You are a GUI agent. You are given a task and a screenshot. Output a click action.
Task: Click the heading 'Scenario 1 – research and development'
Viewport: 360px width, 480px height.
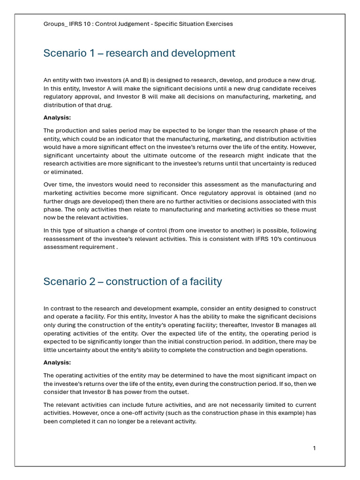coord(139,53)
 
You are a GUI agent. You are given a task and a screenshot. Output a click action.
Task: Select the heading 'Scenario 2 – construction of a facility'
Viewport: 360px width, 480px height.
coord(133,282)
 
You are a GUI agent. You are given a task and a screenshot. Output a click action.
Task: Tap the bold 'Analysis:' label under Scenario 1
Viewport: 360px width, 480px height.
coord(57,118)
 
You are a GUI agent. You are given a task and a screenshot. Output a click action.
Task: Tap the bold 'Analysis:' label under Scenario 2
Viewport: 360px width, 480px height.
coord(57,362)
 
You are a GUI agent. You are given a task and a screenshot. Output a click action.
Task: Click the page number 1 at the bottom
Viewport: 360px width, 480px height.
coord(314,448)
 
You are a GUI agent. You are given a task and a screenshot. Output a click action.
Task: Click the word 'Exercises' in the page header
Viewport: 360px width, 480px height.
coord(218,24)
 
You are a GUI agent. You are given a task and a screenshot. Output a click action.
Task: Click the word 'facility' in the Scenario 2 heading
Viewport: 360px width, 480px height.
coord(206,282)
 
